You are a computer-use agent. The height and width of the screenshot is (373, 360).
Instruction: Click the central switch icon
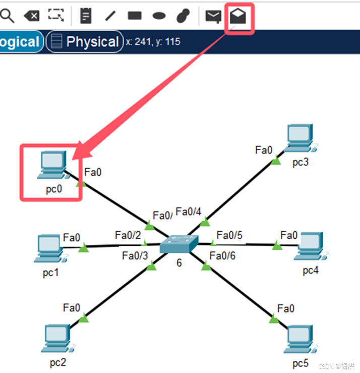[x=179, y=244]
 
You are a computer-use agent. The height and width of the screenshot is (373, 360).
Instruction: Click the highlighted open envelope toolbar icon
[x=238, y=16]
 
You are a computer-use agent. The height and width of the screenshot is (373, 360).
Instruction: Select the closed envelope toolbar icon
[x=213, y=16]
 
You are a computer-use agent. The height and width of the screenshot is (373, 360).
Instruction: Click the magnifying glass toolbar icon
[x=7, y=16]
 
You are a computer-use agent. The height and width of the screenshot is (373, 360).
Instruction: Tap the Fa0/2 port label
[x=128, y=235]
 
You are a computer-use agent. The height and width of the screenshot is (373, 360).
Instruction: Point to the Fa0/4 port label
[x=189, y=211]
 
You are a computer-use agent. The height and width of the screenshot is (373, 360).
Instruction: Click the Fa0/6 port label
[x=222, y=256]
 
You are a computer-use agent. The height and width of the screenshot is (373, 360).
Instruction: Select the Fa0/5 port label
[x=229, y=235]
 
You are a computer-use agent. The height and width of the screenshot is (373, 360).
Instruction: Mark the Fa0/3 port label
[x=135, y=255]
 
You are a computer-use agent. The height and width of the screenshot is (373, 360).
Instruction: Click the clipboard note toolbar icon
[x=86, y=16]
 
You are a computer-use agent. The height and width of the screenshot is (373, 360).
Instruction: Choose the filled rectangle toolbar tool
[x=135, y=16]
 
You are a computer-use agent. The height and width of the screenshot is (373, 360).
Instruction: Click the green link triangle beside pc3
[x=275, y=161]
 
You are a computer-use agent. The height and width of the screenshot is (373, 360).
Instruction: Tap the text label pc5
[x=301, y=363]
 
